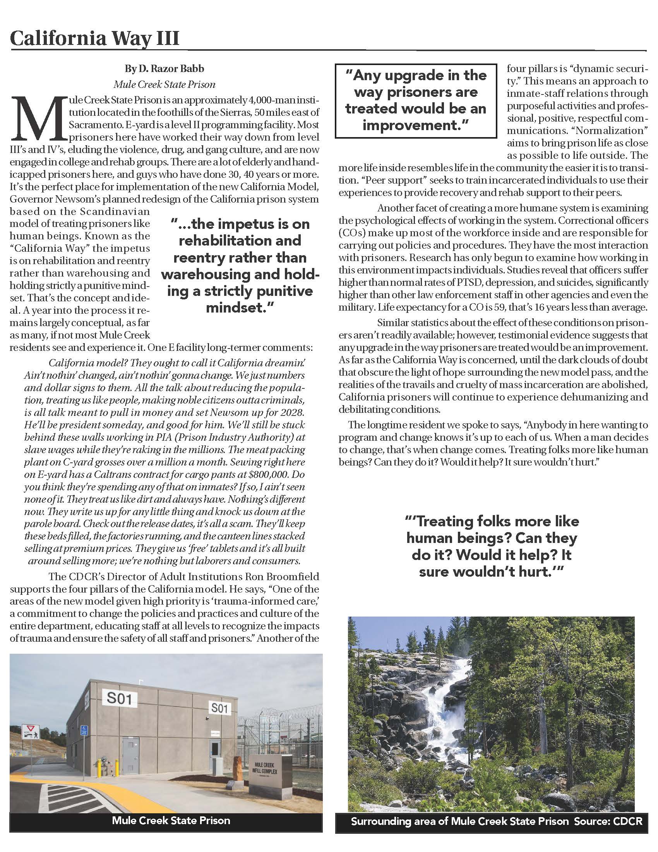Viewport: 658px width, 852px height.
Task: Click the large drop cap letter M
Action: click(38, 118)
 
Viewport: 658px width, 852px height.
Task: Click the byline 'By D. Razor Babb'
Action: click(164, 69)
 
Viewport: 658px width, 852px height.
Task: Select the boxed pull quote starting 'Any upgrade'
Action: click(416, 100)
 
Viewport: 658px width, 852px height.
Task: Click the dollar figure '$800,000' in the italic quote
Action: click(265, 474)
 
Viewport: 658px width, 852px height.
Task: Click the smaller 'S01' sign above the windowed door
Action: click(219, 708)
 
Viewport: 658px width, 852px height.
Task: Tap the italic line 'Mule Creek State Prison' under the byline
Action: click(164, 85)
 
